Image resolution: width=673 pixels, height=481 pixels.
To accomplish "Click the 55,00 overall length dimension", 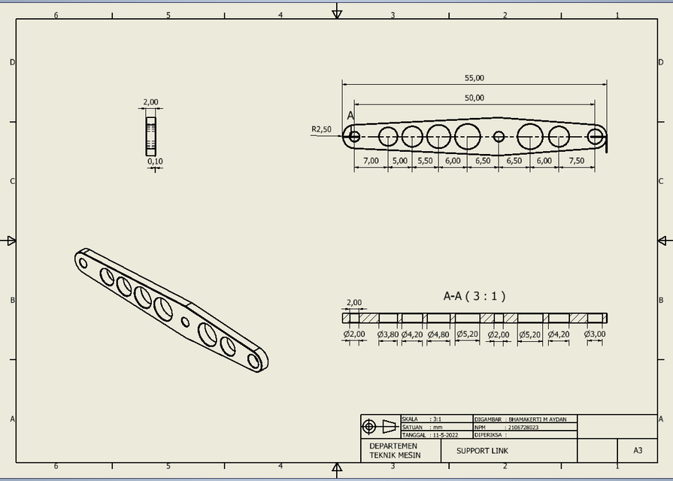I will pos(474,77).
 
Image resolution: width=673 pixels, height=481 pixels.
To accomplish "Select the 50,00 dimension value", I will pos(474,98).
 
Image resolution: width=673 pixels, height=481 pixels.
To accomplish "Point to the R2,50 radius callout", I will pos(321,129).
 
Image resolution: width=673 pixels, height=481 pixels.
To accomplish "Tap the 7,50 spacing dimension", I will pos(577,161).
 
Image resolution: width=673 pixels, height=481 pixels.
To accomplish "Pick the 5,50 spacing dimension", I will pos(425,161).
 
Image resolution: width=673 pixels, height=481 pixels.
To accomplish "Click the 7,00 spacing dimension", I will pos(371,161).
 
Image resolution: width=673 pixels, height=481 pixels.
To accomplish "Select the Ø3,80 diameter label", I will pos(388,334).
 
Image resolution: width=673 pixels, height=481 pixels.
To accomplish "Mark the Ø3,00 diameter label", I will pos(595,334).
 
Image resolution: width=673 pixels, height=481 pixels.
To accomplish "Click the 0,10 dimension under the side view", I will pos(155,162).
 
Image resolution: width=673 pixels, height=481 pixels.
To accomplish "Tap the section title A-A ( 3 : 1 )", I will pos(474,296).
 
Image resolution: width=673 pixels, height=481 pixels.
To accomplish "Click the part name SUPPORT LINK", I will pos(482,451).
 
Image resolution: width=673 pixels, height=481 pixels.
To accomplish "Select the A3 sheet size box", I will pos(637,451).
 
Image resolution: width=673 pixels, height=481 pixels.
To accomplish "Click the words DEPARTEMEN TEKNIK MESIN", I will pos(395,451).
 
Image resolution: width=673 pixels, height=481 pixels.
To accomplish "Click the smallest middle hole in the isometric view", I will pos(186,322).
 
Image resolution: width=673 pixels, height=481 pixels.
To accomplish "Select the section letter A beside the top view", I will pos(350,116).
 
